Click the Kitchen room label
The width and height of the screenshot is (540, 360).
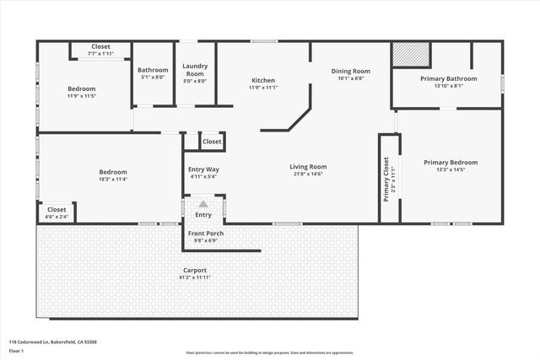click(x=263, y=80)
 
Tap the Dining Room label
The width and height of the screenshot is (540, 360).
click(x=349, y=72)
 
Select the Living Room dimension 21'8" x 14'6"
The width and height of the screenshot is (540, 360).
click(x=308, y=175)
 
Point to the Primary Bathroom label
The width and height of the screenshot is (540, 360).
click(x=448, y=78)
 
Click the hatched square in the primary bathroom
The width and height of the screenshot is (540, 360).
click(x=412, y=55)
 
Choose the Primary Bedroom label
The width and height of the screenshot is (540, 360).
click(x=451, y=163)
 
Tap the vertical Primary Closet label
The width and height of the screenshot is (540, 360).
click(x=386, y=179)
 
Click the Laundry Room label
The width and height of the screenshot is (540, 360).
click(x=195, y=73)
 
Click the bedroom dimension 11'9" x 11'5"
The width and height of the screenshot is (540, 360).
click(x=82, y=96)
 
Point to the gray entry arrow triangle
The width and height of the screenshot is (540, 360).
click(x=203, y=203)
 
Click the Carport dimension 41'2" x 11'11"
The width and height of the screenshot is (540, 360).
click(x=195, y=277)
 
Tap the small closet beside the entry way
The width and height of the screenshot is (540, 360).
click(x=212, y=142)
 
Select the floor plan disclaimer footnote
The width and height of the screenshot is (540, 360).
click(x=270, y=352)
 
